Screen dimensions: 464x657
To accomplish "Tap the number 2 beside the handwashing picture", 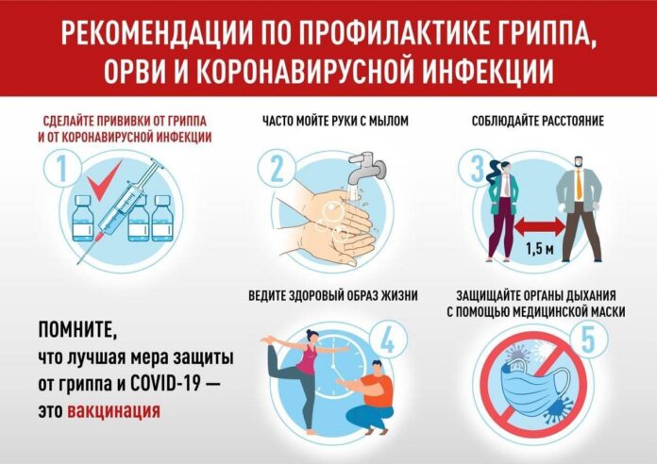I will [278, 171].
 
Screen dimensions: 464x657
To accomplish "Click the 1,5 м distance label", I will [537, 250].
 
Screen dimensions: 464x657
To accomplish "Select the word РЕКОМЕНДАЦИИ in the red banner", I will [161, 33].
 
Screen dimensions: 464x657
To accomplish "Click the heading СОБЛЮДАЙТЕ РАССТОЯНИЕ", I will [537, 121].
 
